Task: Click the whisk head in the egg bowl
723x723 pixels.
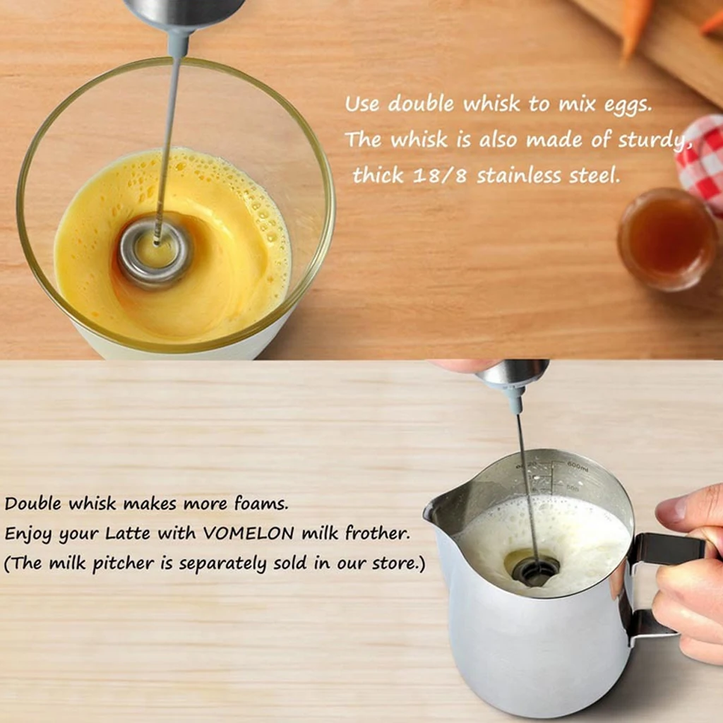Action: pyautogui.click(x=155, y=252)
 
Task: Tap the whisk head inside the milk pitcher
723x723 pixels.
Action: pyautogui.click(x=535, y=568)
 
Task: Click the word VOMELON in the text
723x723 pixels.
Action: pyautogui.click(x=249, y=534)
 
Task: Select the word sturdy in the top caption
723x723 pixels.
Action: pyautogui.click(x=651, y=141)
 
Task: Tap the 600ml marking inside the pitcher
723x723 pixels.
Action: pyautogui.click(x=578, y=465)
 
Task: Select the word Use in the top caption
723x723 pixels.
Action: pyautogui.click(x=362, y=104)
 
